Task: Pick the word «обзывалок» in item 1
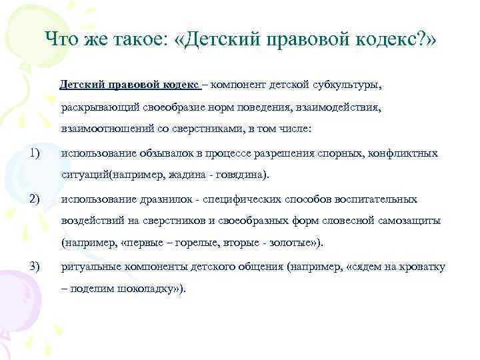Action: [169, 153]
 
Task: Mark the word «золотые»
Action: [291, 243]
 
